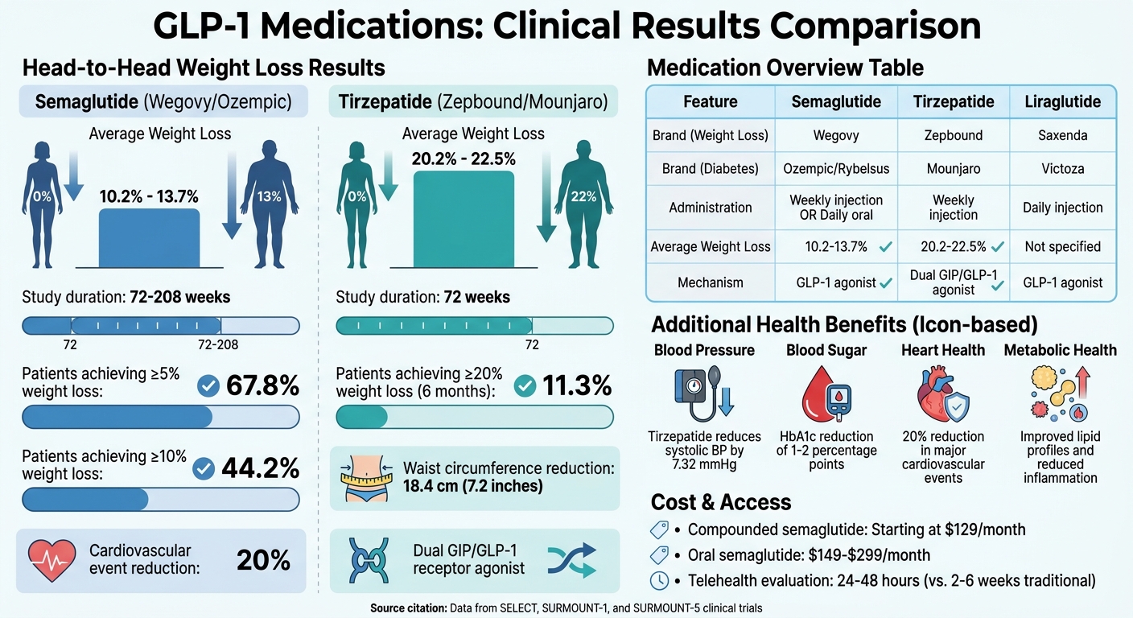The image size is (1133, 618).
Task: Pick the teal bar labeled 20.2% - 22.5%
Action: (x=463, y=219)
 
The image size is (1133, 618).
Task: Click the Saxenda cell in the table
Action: (x=1062, y=135)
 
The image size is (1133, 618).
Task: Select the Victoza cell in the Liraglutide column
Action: (x=1062, y=170)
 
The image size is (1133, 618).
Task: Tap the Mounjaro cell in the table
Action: (x=954, y=170)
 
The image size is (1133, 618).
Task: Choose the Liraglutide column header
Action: (x=1062, y=101)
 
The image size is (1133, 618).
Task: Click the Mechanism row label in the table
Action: (x=711, y=283)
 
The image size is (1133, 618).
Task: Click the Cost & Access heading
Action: (x=721, y=503)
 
